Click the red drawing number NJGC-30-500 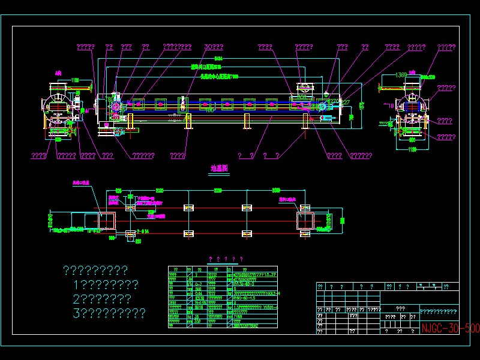click(x=450, y=329)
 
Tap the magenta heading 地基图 click(x=219, y=169)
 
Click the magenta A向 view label click(x=58, y=73)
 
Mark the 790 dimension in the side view click(x=362, y=105)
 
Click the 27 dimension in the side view click(x=345, y=103)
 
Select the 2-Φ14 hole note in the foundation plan click(x=143, y=230)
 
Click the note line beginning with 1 click(x=105, y=284)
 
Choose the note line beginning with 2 click(x=101, y=298)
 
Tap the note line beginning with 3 click(x=108, y=313)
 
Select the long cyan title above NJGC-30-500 click(x=438, y=311)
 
